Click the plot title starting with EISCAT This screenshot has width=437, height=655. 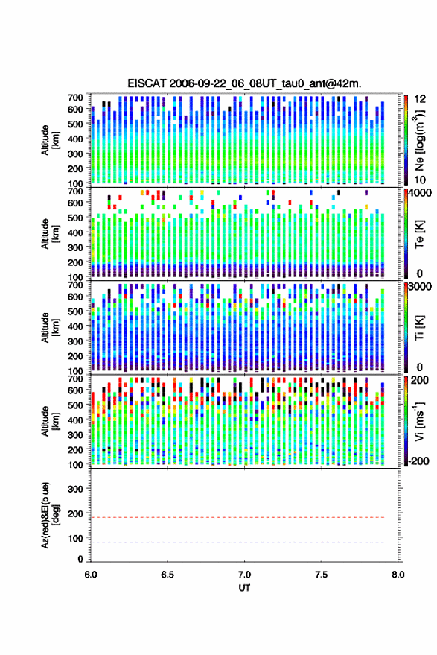click(245, 83)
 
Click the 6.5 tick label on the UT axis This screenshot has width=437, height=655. click(168, 575)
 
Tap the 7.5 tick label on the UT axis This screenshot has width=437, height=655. click(321, 575)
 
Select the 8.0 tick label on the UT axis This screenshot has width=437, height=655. click(398, 575)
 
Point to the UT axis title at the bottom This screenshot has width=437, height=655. click(244, 588)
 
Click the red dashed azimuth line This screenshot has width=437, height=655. click(237, 517)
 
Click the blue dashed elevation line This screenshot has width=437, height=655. click(237, 542)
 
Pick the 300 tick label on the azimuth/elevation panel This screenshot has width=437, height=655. click(75, 489)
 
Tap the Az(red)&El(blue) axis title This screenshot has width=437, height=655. click(50, 515)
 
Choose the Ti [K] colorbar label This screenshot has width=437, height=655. click(419, 328)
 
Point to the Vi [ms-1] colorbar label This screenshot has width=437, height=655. click(419, 421)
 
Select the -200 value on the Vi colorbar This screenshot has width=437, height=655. click(418, 461)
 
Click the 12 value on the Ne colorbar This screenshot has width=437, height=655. click(421, 99)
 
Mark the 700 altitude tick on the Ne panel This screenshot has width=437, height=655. click(75, 98)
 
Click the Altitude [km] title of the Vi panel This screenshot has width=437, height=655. click(50, 421)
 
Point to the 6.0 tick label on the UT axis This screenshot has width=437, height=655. click(91, 575)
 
